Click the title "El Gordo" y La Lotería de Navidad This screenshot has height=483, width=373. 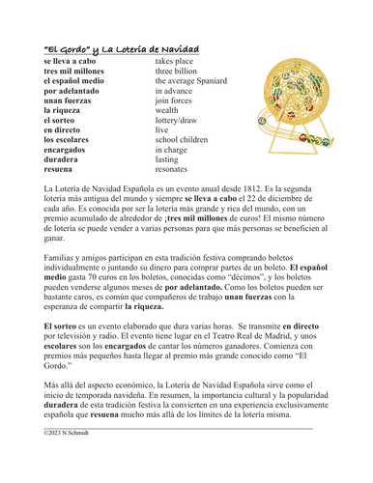[122, 48]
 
